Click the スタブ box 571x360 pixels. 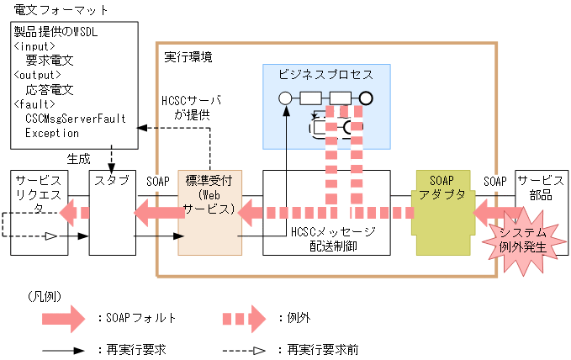(112, 181)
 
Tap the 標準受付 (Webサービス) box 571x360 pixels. (209, 196)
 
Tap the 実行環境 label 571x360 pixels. (188, 56)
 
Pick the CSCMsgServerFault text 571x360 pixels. (75, 119)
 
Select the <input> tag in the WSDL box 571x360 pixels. (34, 46)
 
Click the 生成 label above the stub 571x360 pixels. (78, 157)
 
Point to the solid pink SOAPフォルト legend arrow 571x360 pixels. (63, 319)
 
